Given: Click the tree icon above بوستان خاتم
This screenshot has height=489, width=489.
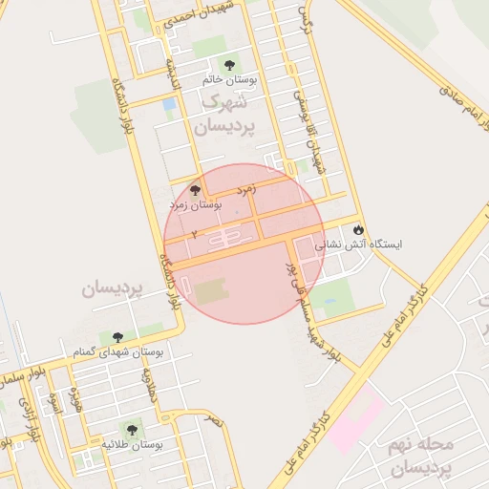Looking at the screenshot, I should tap(225, 66).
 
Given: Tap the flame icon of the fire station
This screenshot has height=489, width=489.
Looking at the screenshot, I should tap(358, 229).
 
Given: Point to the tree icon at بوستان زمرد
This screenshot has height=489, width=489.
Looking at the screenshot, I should tap(197, 190).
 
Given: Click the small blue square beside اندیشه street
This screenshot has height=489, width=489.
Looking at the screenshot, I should tap(169, 103).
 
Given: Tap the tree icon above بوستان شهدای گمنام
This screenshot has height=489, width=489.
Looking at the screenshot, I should tap(117, 337).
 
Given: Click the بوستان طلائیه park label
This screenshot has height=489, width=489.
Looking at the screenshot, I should tap(133, 445).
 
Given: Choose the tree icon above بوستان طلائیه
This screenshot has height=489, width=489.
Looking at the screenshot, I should tap(130, 430).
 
